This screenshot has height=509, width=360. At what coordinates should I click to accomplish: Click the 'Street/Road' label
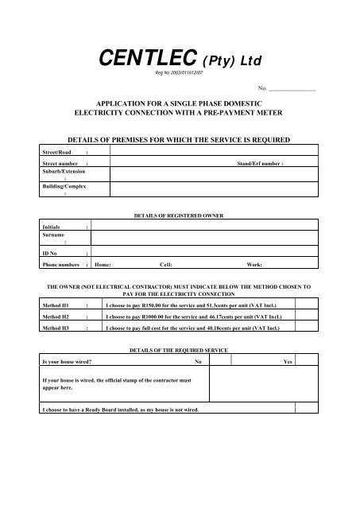pos(56,150)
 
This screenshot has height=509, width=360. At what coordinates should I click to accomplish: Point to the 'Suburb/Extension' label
pos(63,171)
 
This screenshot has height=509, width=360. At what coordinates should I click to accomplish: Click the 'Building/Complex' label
pos(63,186)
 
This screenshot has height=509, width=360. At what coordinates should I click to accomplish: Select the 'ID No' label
pos(51,252)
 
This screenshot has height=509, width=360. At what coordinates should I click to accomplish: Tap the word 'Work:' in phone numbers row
pos(255,263)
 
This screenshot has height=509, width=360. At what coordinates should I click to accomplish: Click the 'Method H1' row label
pos(56,304)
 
